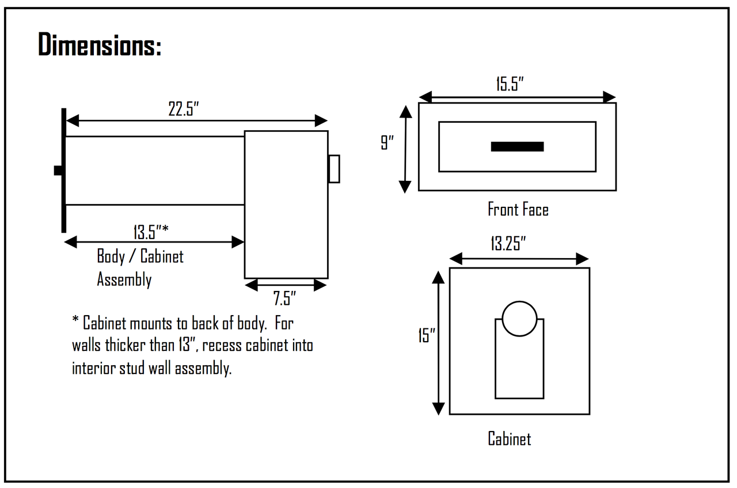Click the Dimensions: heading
[100, 44]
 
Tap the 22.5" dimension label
[184, 109]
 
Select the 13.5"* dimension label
[151, 232]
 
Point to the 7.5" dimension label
[284, 298]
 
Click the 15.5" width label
[510, 84]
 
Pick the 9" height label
[388, 142]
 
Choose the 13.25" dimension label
[508, 244]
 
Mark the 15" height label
[427, 335]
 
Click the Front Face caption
[518, 209]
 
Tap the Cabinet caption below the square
[510, 438]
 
